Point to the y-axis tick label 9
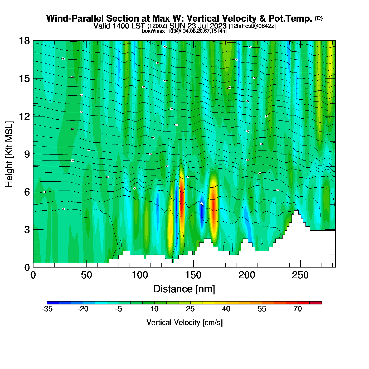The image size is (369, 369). pos(27,154)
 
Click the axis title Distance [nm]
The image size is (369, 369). pos(184,289)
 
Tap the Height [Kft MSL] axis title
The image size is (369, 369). pos(9,154)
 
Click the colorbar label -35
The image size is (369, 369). pos(47,309)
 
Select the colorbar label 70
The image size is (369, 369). pos(298,309)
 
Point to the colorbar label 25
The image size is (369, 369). pos(190,309)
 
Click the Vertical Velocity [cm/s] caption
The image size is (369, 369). pos(184,323)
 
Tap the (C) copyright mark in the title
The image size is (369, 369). pos(319,18)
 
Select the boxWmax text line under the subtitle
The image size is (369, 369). pos(184,31)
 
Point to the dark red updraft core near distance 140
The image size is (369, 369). pos(182,200)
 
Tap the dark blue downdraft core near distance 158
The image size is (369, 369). pos(202,211)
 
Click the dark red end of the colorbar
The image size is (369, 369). pos(315,303)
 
